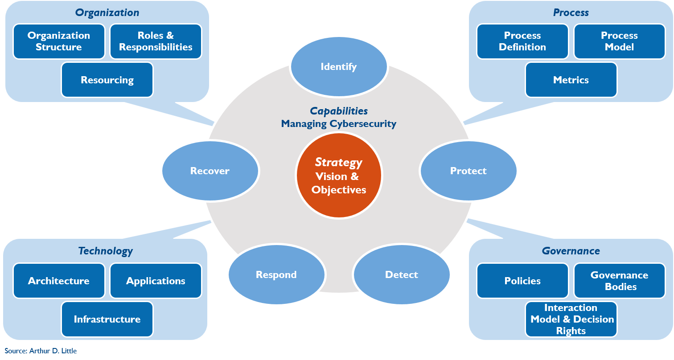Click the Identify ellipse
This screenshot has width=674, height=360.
(339, 67)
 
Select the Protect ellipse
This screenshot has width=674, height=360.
(468, 171)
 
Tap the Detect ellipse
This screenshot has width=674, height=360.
(401, 274)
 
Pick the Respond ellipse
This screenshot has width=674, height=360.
(276, 274)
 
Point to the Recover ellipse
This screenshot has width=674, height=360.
(210, 171)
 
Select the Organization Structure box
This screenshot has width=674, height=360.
(59, 41)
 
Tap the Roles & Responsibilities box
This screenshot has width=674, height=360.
(156, 41)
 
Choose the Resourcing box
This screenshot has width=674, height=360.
(107, 80)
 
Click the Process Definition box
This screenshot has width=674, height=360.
(522, 41)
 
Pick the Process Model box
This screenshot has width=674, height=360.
(619, 41)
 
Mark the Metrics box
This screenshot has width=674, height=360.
(571, 80)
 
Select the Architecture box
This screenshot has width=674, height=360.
(59, 281)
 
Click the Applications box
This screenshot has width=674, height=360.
(156, 281)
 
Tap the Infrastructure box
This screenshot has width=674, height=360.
(107, 319)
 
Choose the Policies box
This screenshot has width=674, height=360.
(522, 281)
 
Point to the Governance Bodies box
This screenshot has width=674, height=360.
(619, 281)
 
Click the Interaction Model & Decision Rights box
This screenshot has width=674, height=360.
(571, 319)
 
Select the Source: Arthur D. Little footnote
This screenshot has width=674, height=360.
(41, 351)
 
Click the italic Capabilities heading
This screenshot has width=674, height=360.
(339, 111)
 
